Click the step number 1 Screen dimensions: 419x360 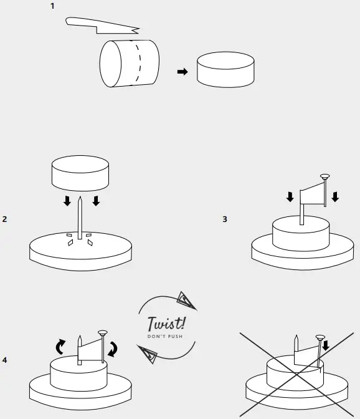pos(52,6)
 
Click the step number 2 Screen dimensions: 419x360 pos(5,219)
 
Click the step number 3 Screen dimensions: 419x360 pos(224,219)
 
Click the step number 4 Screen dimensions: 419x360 pos(5,360)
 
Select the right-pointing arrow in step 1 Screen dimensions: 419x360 pos(182,72)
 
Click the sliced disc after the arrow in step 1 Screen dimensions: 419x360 pos(225,70)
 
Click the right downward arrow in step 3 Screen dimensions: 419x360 pos(335,197)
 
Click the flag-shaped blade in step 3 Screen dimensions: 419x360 pos(313,196)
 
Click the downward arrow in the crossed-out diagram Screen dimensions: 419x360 pos(327,343)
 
